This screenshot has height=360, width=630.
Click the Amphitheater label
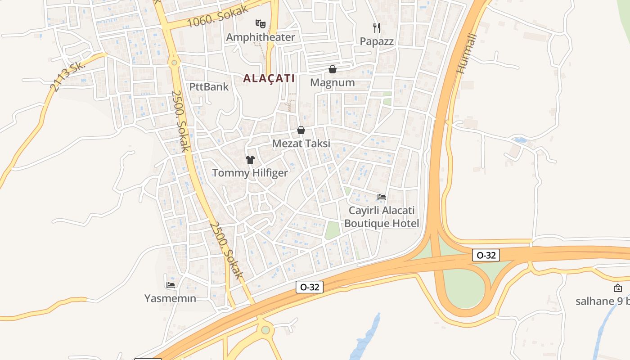point(261,37)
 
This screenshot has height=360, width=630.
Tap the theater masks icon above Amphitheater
point(260,23)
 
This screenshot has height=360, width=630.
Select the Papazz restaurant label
point(377,41)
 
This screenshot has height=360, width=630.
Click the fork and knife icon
point(377,27)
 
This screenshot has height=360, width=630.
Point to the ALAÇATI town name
point(269,78)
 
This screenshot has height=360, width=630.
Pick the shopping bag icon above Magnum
point(333,69)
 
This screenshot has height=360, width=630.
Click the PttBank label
point(209,87)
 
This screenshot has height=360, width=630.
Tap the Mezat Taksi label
point(301,144)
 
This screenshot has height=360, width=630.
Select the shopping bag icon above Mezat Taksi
point(301,130)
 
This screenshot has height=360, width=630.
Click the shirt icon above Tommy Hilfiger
point(250,159)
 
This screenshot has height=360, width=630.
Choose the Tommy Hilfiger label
point(250,173)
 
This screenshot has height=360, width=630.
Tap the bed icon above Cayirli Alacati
point(382,197)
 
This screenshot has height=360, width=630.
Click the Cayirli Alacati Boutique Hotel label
point(382,217)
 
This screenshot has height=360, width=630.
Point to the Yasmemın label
point(170,298)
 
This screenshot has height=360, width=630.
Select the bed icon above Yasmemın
point(170,284)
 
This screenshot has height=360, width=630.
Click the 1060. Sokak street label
point(218,16)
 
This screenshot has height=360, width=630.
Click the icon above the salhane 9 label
point(618,288)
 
